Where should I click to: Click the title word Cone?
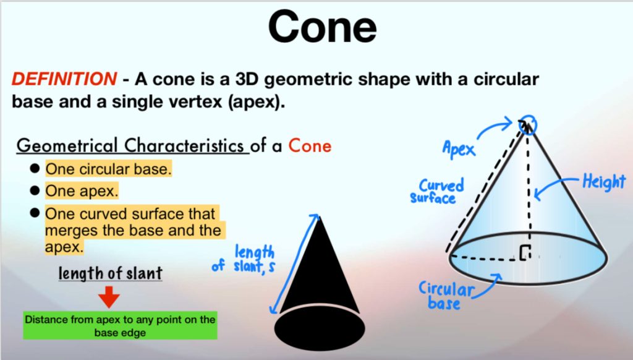322,27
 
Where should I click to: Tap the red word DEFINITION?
64,79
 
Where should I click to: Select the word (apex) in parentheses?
257,101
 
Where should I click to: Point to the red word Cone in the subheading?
310,145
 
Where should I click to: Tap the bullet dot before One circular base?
35,168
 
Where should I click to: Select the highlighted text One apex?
82,191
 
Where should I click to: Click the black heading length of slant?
110,273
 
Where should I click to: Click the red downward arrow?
109,297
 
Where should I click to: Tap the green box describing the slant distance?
121,325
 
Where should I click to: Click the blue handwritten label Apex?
459,148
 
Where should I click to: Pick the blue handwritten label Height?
604,182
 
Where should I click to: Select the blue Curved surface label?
437,191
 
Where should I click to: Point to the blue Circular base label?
445,295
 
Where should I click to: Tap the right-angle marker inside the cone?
524,252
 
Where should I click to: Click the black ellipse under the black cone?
320,328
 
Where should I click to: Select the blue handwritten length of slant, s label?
244,260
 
